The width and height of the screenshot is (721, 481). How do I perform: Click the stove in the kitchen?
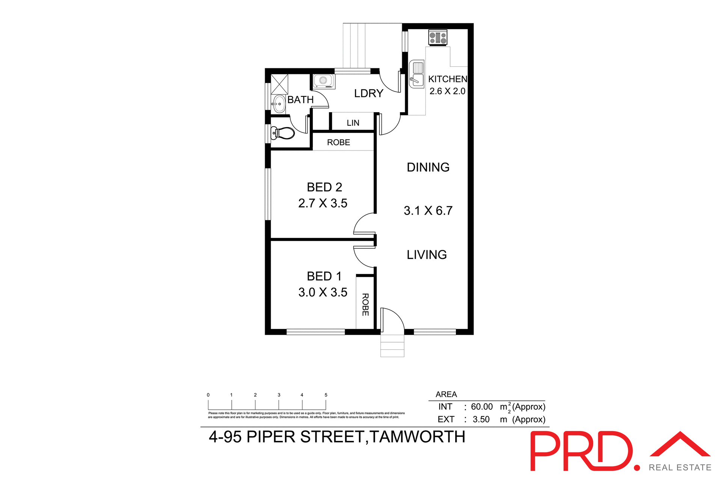438,38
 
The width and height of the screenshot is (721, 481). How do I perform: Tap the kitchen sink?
416,74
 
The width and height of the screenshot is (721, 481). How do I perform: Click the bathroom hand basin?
279,104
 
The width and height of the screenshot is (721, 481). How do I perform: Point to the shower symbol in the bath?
279,84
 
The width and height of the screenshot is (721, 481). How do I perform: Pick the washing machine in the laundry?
323,81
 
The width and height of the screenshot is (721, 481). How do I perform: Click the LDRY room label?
368,93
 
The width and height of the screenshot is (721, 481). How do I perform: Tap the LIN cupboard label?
353,123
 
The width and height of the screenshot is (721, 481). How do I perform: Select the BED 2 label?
324,187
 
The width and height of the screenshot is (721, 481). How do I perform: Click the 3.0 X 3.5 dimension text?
323,292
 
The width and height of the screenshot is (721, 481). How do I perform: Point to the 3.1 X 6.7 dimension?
428,211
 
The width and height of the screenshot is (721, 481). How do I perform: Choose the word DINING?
428,167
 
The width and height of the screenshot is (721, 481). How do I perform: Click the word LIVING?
427,255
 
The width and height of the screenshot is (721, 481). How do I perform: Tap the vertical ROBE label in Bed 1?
365,305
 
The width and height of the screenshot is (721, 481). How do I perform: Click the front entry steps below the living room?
392,346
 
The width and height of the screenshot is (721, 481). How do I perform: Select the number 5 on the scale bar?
326,395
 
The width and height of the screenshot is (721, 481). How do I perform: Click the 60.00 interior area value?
482,407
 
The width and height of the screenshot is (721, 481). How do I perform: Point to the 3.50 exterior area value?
481,419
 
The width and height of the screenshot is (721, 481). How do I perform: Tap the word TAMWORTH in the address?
417,437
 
